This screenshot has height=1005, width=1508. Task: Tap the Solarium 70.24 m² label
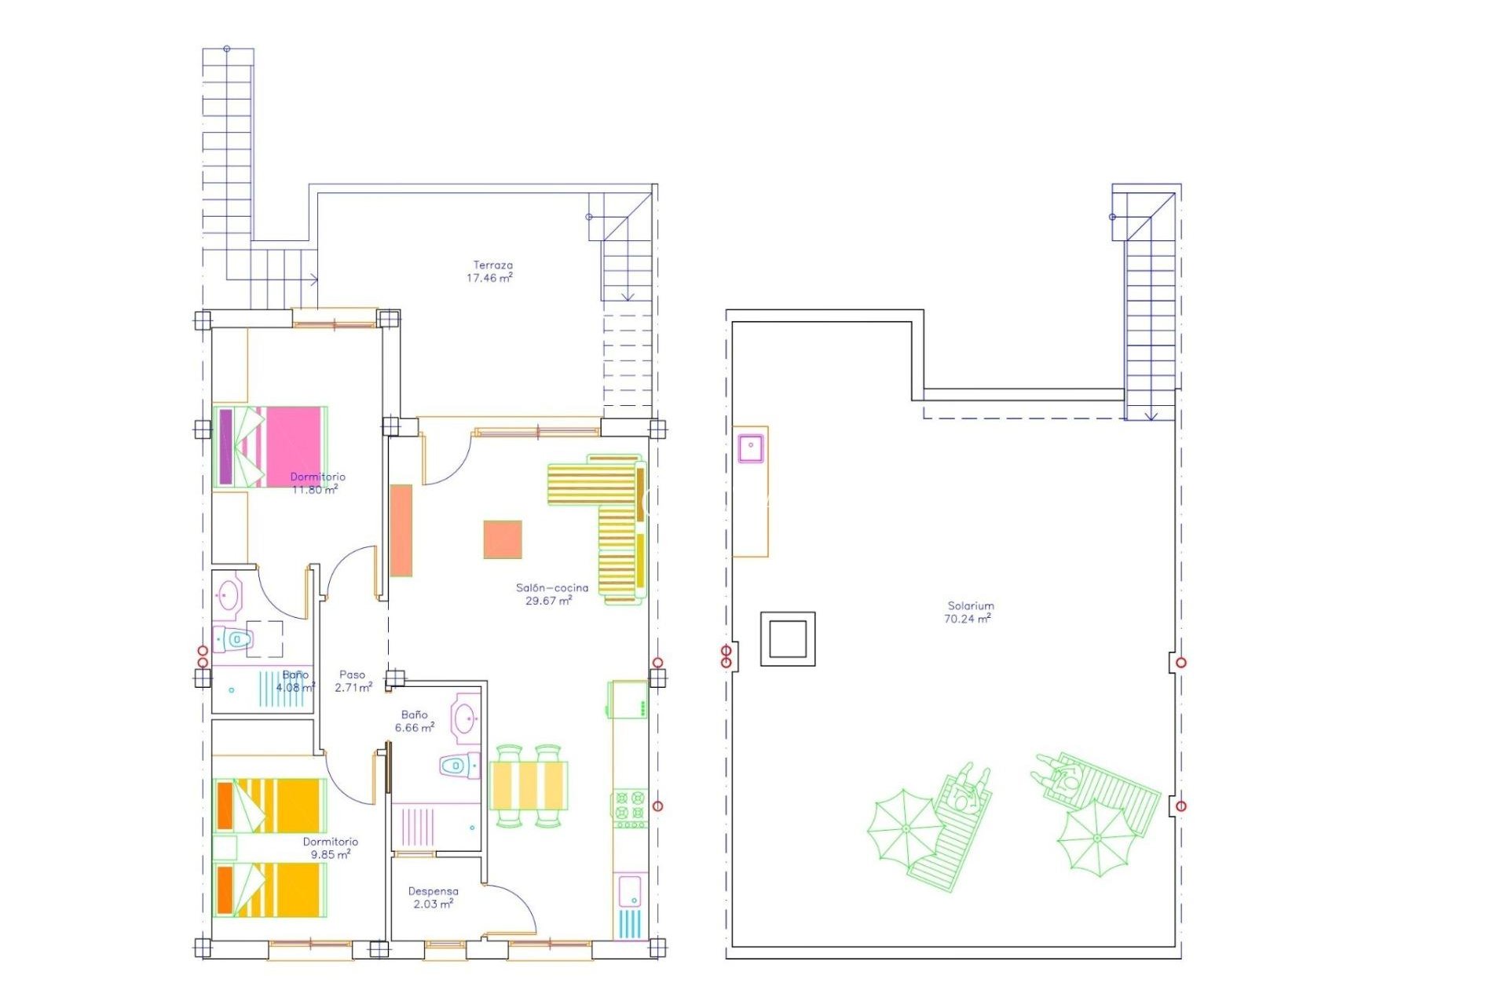(969, 612)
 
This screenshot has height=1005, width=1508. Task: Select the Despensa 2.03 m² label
(433, 897)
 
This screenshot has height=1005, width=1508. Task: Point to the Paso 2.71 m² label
(353, 681)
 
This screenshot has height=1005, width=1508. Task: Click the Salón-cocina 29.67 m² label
(551, 594)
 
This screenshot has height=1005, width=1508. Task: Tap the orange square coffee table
(503, 539)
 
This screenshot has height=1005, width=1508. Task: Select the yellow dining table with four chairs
(528, 785)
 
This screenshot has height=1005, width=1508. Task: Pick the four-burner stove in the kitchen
(630, 809)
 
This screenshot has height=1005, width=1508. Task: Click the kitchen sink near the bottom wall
(630, 892)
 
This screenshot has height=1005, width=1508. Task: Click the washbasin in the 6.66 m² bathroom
(465, 717)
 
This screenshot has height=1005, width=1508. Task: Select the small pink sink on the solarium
(751, 448)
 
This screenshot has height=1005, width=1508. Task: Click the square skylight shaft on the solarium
(788, 638)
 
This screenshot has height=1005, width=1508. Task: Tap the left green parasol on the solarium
(905, 829)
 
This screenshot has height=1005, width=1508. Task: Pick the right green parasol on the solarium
(1096, 838)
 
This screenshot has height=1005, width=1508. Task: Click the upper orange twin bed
(270, 806)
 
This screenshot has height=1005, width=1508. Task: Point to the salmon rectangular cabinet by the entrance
(401, 530)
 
